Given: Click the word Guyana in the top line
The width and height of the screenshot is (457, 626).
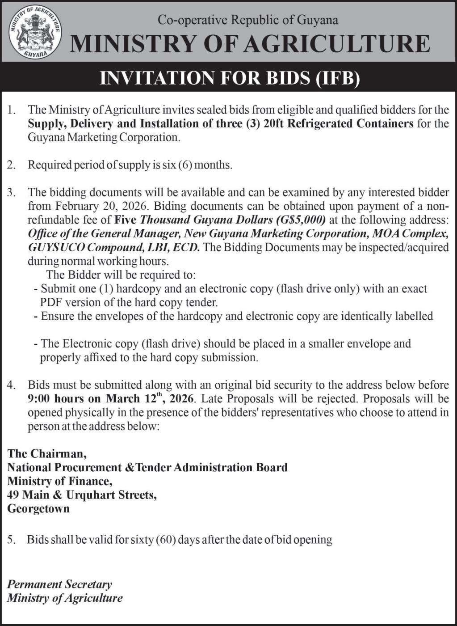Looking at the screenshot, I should point(318,20).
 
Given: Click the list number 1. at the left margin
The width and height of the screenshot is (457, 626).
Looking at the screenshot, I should point(12,110).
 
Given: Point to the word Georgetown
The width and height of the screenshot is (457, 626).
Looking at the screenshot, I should point(38,508).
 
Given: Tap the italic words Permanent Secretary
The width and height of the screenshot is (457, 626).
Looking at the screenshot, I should point(59,584).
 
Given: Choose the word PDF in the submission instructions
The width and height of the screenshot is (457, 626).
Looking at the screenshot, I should point(51,302).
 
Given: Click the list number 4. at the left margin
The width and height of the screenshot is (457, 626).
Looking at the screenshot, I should point(12,385).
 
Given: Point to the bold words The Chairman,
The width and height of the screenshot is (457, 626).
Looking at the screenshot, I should point(46,454).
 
